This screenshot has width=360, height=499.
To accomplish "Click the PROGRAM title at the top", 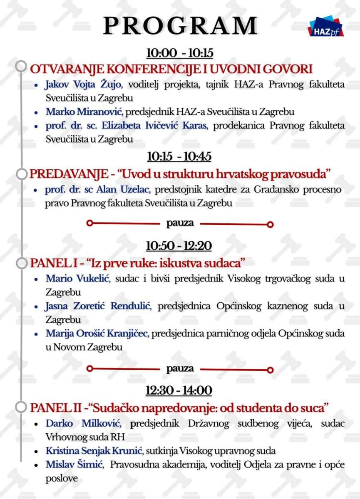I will click(x=180, y=26).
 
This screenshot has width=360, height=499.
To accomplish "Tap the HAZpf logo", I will click(x=326, y=27).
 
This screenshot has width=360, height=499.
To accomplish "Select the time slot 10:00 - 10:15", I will click(x=179, y=53).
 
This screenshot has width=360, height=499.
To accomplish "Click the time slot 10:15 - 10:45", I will click(x=179, y=156).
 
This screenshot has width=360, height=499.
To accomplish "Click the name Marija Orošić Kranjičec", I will click(x=97, y=333).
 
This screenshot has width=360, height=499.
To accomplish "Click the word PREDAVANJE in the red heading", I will click(x=62, y=172).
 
